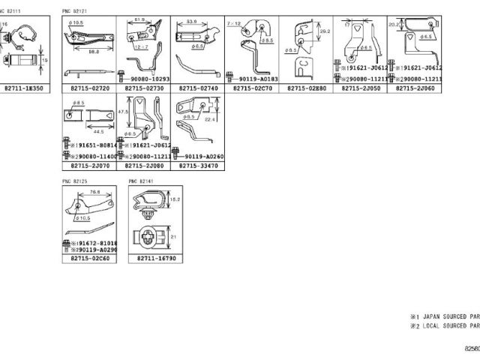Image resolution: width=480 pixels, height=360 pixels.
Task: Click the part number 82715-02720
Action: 89,88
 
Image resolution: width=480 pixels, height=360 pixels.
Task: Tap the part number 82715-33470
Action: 197,166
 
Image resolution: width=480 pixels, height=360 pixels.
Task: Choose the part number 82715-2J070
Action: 89,166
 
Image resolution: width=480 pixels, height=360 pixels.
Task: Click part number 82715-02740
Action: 197,88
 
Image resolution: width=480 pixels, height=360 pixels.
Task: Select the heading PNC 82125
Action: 74,181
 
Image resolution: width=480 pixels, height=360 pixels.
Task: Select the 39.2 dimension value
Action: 324,32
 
